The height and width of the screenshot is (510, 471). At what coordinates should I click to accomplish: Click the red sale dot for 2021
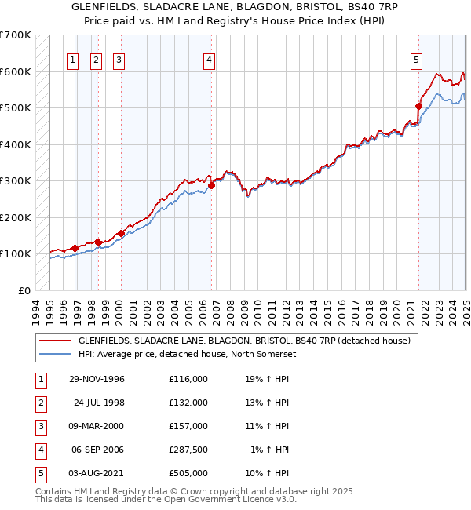(418, 106)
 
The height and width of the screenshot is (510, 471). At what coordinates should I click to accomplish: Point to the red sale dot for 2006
(212, 185)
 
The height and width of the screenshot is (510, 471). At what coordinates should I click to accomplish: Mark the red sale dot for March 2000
(121, 233)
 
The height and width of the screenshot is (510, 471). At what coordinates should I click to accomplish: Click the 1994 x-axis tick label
(36, 311)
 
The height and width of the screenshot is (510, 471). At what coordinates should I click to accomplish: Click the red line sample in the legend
(55, 341)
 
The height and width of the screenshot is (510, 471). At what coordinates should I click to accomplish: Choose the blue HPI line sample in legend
(55, 354)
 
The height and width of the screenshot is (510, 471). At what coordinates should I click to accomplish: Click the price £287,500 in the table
(188, 450)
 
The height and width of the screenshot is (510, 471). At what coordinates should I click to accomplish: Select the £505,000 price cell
(188, 473)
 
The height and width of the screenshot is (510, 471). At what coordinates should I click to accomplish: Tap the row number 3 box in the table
(38, 426)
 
